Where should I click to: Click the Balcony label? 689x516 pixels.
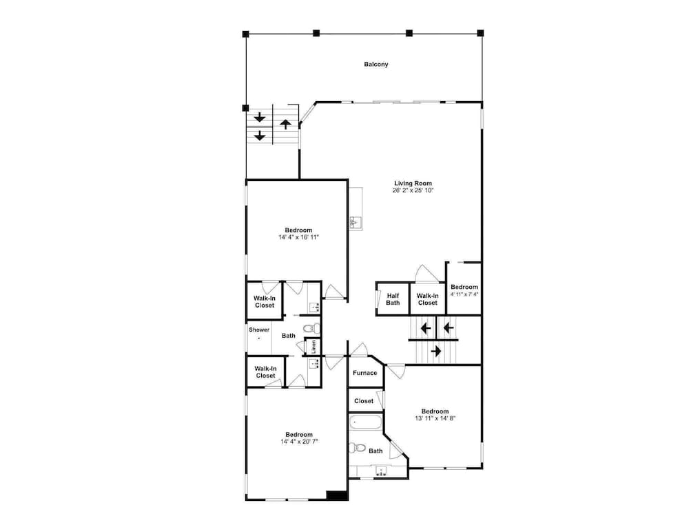[x=376, y=65]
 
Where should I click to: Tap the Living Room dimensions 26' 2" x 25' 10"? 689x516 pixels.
[x=413, y=191]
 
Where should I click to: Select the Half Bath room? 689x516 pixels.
[x=393, y=299]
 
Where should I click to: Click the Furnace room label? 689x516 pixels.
[x=364, y=373]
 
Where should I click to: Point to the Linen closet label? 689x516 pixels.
[x=313, y=347]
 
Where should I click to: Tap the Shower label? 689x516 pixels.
[x=259, y=330]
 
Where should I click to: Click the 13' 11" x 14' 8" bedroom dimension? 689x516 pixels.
[x=435, y=418]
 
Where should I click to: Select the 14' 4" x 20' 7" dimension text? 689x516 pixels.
[x=299, y=442]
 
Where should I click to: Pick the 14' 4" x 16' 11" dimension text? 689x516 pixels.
[x=298, y=237]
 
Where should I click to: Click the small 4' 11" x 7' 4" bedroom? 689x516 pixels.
[x=464, y=289]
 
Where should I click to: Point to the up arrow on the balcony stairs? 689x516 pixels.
[x=286, y=124]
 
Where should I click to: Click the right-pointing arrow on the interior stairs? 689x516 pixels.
[x=436, y=351]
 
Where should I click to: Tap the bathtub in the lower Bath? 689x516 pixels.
[x=366, y=422]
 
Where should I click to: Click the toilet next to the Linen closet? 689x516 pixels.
[x=312, y=328]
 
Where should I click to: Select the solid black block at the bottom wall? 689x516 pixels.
[x=337, y=495]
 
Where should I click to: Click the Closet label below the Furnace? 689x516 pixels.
[x=364, y=401]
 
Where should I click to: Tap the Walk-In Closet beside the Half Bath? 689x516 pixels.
[x=428, y=299]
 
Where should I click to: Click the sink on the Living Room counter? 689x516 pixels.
[x=356, y=223]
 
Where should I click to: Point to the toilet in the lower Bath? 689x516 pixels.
[x=358, y=448]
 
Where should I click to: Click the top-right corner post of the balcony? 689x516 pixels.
[x=480, y=33]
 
